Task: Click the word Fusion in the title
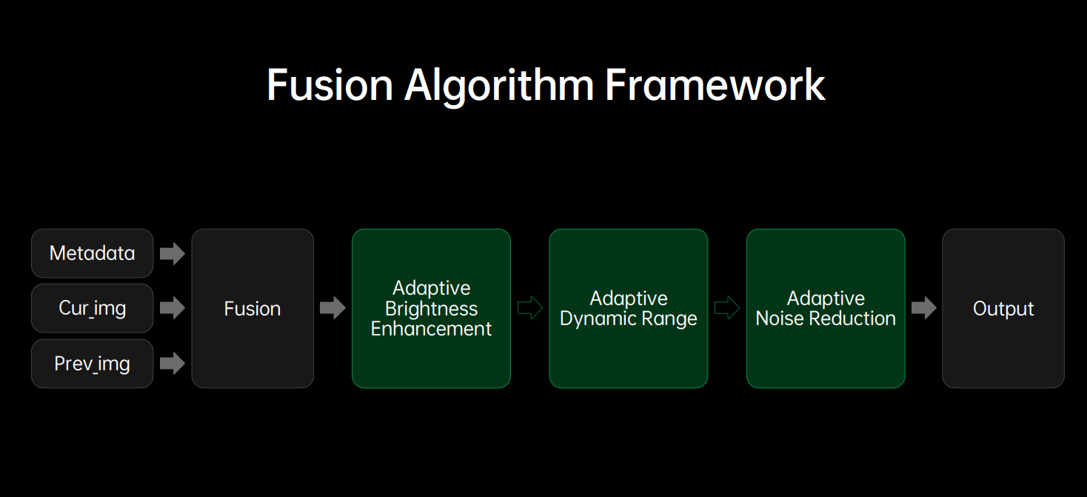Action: pyautogui.click(x=330, y=84)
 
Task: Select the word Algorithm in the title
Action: pyautogui.click(x=499, y=84)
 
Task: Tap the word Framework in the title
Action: pyautogui.click(x=715, y=84)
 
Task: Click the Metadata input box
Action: pyautogui.click(x=92, y=253)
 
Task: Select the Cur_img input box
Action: pyautogui.click(x=92, y=308)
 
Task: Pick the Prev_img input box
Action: pyautogui.click(x=92, y=364)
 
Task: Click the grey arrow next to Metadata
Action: pyautogui.click(x=173, y=253)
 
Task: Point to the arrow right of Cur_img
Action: pyautogui.click(x=173, y=308)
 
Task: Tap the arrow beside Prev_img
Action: pyautogui.click(x=173, y=364)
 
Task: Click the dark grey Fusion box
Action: pyautogui.click(x=252, y=308)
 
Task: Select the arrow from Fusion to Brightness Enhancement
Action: pyautogui.click(x=332, y=308)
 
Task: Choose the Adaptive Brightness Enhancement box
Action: pyautogui.click(x=431, y=308)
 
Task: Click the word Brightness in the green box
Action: pyautogui.click(x=431, y=309)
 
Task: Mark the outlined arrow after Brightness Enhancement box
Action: pyautogui.click(x=530, y=308)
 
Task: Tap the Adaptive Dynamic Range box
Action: pyautogui.click(x=628, y=308)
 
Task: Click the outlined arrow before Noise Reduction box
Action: pyautogui.click(x=727, y=308)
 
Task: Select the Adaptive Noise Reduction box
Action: pyautogui.click(x=826, y=308)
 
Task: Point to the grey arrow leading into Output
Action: pyautogui.click(x=924, y=308)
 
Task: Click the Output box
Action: pyautogui.click(x=1003, y=308)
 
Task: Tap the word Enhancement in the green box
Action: pyautogui.click(x=431, y=329)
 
